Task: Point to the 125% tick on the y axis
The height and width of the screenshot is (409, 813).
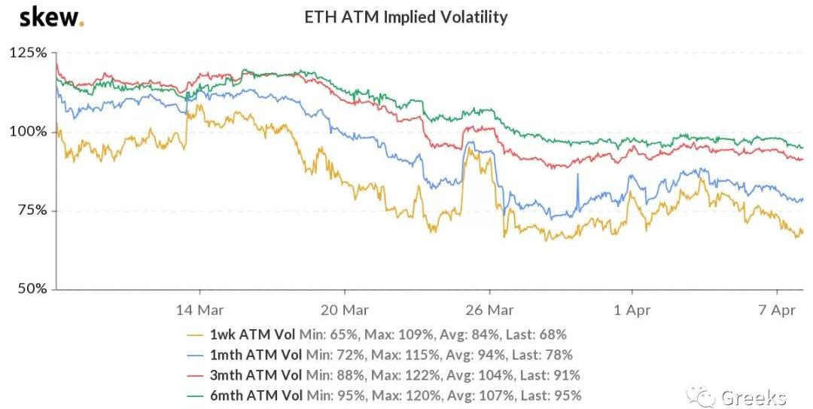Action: [28, 53]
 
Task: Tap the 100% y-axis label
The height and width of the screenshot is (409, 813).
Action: [28, 132]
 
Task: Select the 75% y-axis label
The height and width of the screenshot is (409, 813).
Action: [31, 210]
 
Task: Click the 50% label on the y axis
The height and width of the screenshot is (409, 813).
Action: [31, 288]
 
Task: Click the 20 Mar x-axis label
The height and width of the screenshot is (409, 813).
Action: [344, 310]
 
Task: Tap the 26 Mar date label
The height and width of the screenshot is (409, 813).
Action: [489, 310]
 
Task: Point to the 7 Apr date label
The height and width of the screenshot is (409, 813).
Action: [778, 310]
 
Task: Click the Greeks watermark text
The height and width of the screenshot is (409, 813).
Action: [753, 397]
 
